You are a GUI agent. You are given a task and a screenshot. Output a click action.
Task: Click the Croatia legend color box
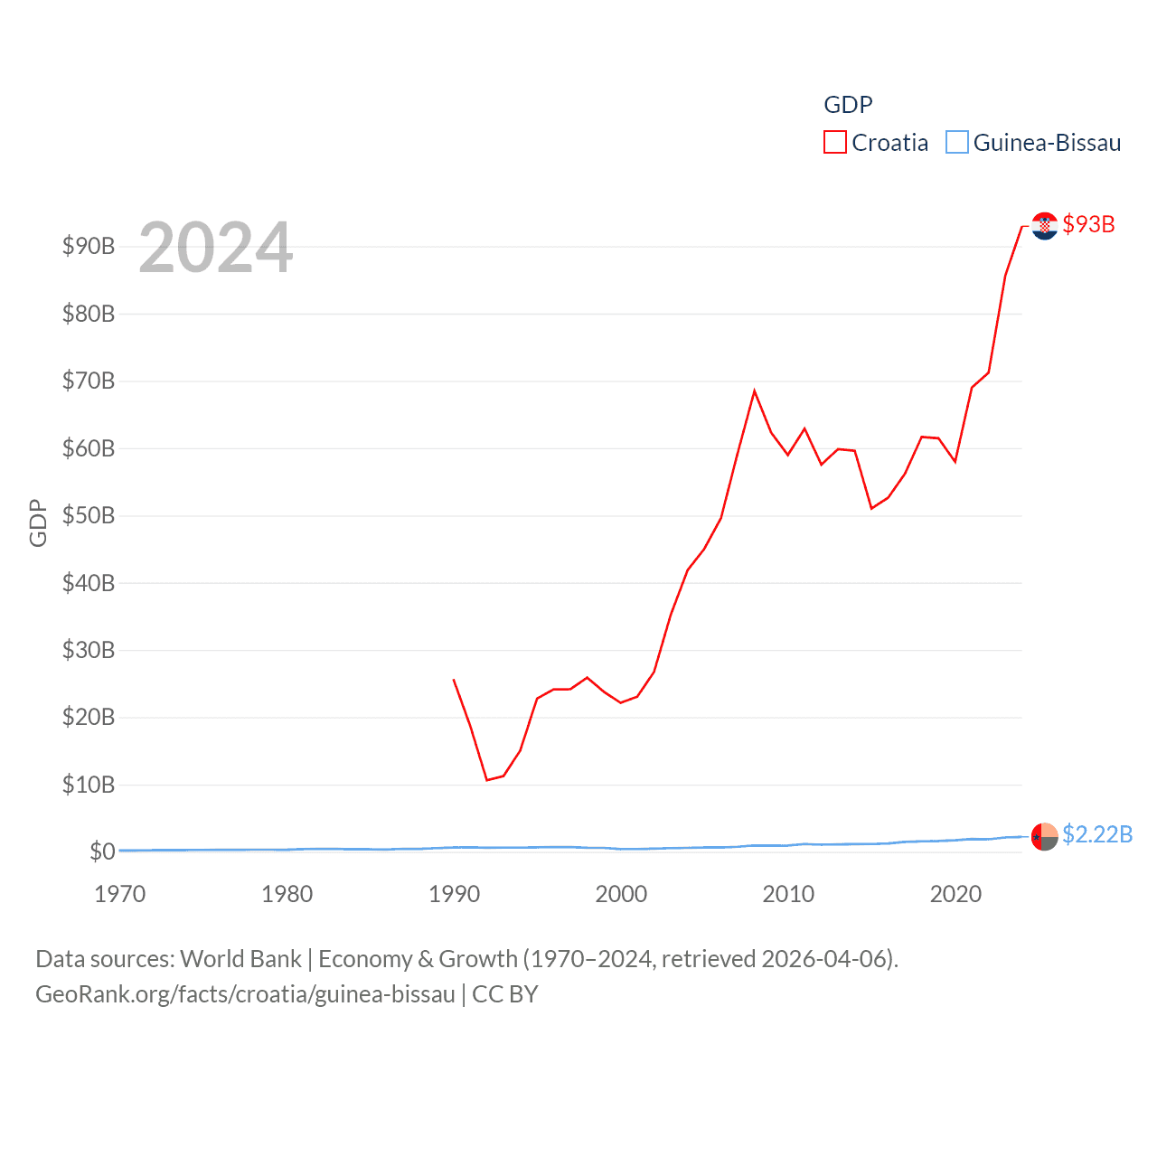coord(834,143)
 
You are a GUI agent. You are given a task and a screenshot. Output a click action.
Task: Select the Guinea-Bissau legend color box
coord(956,143)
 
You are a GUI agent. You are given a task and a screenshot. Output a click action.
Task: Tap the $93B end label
coord(1088,224)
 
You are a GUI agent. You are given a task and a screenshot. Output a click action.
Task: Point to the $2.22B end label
coord(1097,834)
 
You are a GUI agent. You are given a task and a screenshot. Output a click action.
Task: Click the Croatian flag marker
coord(1044,226)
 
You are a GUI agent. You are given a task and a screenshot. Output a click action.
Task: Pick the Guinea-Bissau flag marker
coord(1044,837)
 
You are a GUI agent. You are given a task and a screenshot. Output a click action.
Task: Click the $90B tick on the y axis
coord(89,246)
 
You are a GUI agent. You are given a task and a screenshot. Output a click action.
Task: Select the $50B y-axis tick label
coord(89,515)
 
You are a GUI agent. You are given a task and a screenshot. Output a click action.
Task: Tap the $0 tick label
coord(102,851)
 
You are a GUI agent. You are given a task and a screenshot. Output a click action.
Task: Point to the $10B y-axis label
coord(89,785)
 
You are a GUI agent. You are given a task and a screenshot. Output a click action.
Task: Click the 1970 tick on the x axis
coord(119,894)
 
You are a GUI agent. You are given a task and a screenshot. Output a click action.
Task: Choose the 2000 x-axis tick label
coord(621,894)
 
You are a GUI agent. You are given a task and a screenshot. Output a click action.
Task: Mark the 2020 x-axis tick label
coord(955,894)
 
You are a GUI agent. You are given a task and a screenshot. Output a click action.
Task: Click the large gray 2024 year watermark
coord(215,248)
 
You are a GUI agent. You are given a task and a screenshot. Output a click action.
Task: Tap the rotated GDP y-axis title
coord(38,522)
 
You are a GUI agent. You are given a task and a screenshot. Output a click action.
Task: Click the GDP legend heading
coord(848,105)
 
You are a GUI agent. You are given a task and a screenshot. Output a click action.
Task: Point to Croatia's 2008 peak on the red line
coord(754,391)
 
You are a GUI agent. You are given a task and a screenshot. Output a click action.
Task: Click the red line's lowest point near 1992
coord(486,779)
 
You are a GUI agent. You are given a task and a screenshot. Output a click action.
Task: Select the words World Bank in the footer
coord(240,959)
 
